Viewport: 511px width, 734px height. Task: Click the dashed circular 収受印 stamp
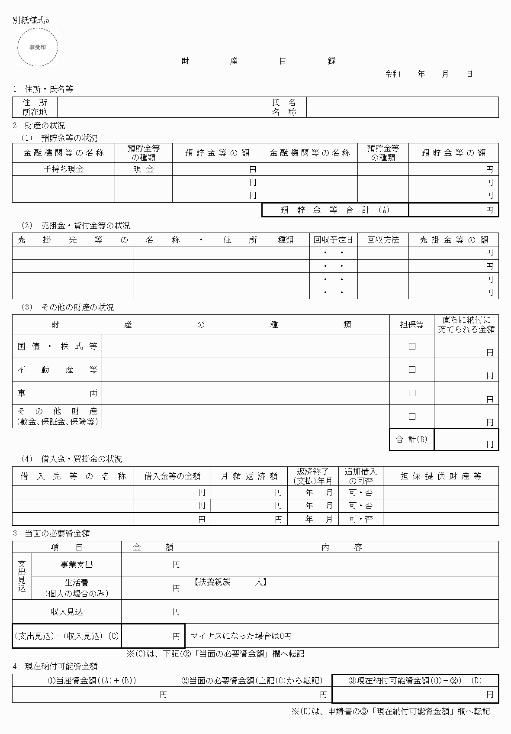[x=37, y=47]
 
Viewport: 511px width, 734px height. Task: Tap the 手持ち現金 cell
[x=64, y=169]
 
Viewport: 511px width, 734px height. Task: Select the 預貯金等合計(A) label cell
[x=335, y=210]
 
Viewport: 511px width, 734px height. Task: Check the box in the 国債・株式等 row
[x=412, y=346]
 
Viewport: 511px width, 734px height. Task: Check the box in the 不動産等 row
[x=412, y=369]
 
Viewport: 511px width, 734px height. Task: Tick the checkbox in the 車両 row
[x=412, y=393]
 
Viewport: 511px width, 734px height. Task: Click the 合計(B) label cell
[x=411, y=440]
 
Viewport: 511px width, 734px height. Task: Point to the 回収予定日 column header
[x=333, y=239]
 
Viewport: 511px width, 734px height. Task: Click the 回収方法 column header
[x=383, y=239]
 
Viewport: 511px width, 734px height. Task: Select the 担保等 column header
[x=411, y=324]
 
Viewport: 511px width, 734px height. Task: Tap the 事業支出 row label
[x=77, y=564]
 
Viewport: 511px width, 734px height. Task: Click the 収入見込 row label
[x=67, y=611]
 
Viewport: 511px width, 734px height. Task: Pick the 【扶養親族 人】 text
[x=228, y=582]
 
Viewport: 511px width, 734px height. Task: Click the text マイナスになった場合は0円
[x=241, y=636]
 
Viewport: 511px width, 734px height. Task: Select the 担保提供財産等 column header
[x=440, y=476]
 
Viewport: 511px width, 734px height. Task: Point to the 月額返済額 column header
[x=249, y=476]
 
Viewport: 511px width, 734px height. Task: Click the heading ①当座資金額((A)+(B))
[x=92, y=680]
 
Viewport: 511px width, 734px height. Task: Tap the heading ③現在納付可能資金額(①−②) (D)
[x=415, y=680]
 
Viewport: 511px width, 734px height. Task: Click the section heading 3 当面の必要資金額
[x=51, y=534]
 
